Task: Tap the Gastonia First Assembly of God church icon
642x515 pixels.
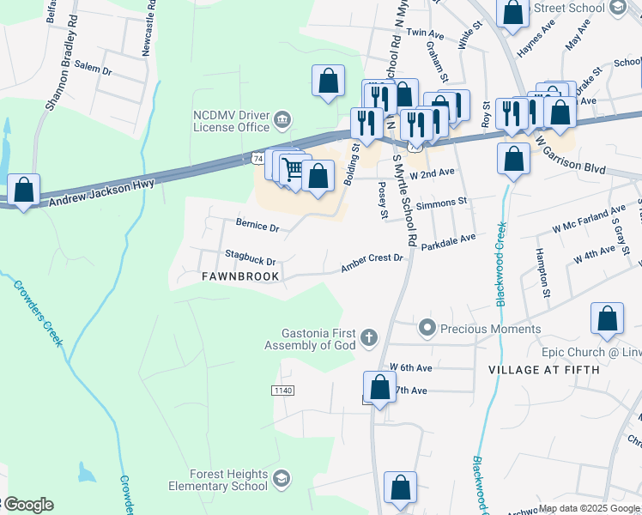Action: pos(369,338)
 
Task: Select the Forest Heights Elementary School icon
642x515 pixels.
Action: pos(282,479)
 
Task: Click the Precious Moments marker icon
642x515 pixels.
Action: pos(427,328)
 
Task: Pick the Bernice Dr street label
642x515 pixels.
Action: pos(257,227)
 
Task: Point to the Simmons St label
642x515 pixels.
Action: pos(440,204)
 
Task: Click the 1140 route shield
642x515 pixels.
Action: pos(282,391)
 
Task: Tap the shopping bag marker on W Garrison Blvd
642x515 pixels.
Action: pos(512,160)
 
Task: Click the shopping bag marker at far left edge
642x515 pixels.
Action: pos(23,190)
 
